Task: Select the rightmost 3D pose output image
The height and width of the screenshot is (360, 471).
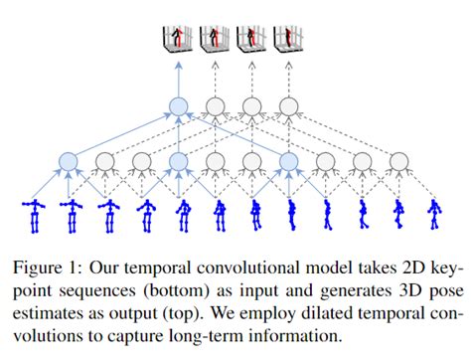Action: click(289, 37)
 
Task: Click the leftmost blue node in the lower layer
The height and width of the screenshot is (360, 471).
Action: click(69, 160)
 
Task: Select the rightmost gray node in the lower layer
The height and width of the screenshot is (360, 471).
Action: click(398, 160)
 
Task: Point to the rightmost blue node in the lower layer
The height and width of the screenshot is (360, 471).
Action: click(289, 160)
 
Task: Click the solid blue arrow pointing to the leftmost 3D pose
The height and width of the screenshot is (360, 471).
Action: click(179, 74)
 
